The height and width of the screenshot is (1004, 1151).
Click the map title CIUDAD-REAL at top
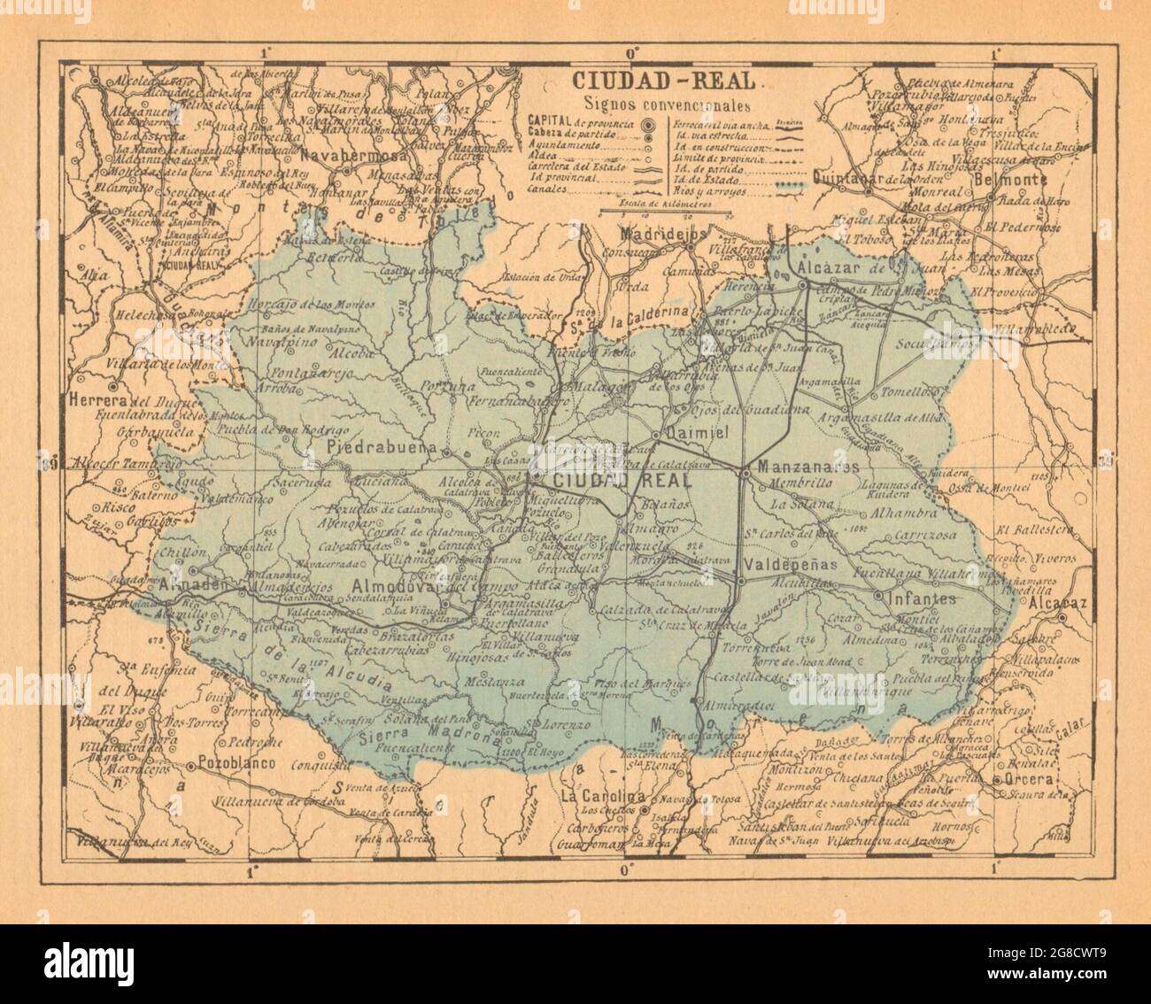point(663,81)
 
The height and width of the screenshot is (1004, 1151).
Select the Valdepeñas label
point(787,564)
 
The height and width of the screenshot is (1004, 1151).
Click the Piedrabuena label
point(382,447)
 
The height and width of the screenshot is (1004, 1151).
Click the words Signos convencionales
point(663,103)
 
